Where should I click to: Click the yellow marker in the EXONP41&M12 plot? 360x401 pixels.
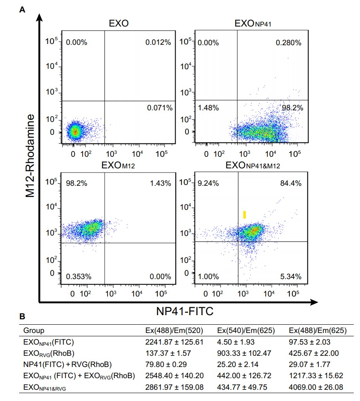point(245,214)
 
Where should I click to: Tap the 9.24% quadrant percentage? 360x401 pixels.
point(208,183)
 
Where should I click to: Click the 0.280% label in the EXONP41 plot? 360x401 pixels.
point(289,43)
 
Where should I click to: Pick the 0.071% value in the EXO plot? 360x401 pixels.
point(159,108)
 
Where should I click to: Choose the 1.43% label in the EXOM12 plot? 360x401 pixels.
point(160,183)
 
